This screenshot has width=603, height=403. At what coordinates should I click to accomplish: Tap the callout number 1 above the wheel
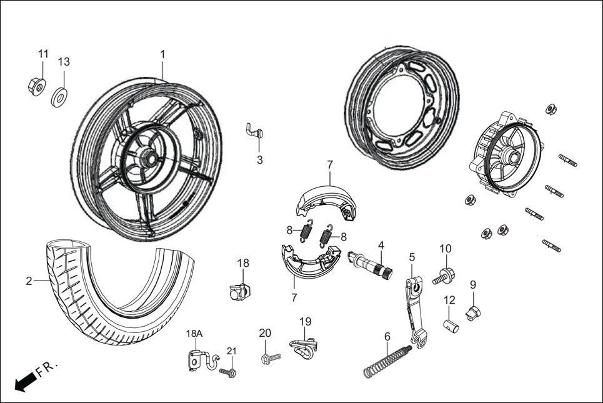click(x=162, y=54)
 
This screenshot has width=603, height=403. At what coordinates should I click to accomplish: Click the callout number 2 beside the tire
click(x=29, y=281)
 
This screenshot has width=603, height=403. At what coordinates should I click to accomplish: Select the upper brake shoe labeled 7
click(x=324, y=200)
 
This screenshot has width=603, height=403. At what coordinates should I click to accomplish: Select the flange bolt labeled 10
click(x=444, y=275)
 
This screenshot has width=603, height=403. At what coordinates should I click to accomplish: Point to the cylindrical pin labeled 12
click(x=451, y=326)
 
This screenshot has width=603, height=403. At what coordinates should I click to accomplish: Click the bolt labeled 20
click(x=270, y=359)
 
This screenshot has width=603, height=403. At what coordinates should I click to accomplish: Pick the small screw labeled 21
click(x=229, y=372)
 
